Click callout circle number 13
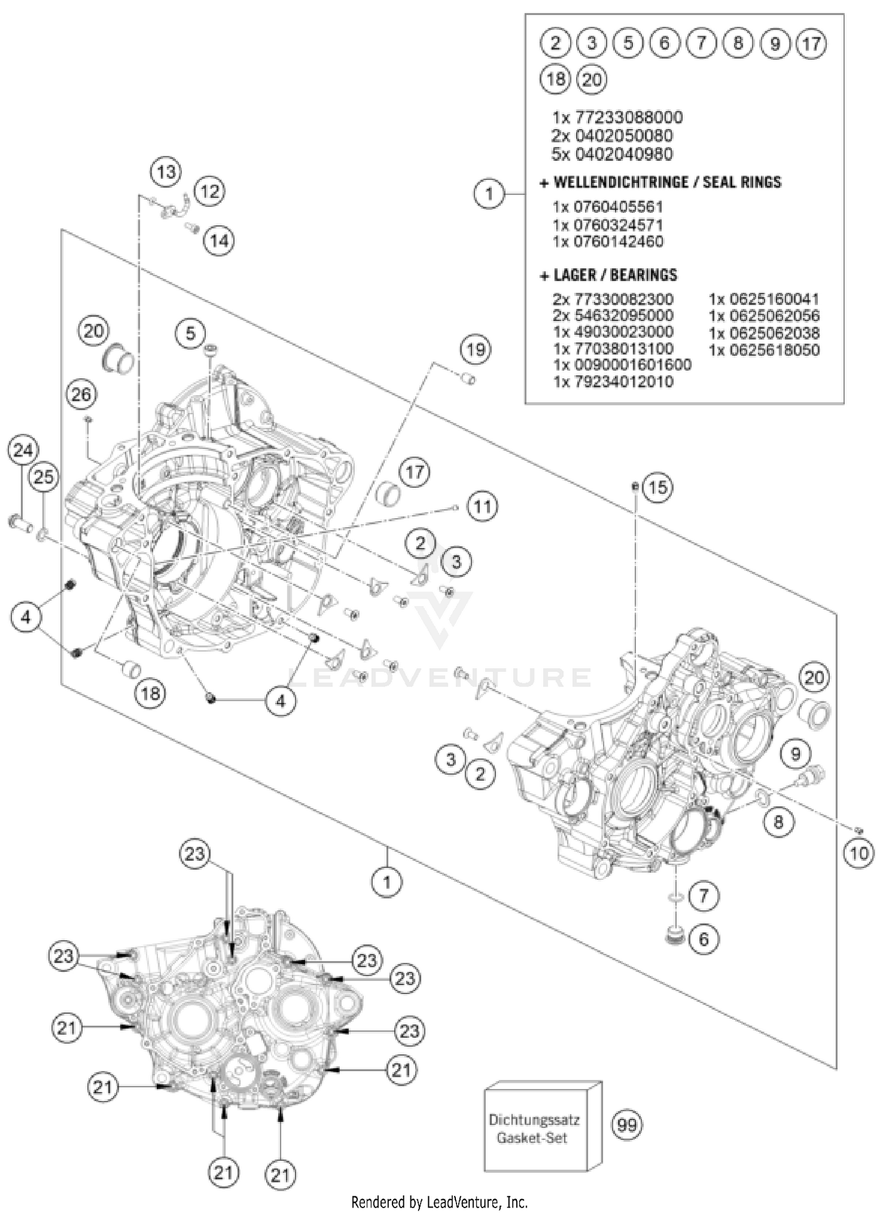[166, 172]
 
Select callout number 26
[81, 395]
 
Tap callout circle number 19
[475, 350]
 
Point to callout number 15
[658, 487]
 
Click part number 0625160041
[764, 299]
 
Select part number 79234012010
[613, 382]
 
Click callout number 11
[482, 506]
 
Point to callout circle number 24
[23, 451]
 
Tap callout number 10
[858, 853]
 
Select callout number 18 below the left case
[150, 693]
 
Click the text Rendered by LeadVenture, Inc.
[439, 1202]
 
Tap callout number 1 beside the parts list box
[489, 193]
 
